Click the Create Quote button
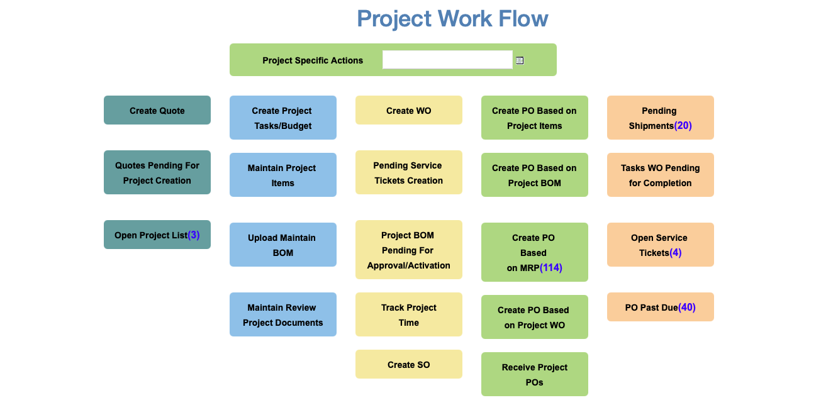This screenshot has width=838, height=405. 157,110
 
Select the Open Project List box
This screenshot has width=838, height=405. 157,235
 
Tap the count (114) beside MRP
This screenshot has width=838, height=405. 550,268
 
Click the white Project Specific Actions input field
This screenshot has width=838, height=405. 447,60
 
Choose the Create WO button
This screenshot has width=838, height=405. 409,110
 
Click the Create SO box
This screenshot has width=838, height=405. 409,364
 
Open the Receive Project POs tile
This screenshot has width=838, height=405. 535,374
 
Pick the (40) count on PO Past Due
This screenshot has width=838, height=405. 687,308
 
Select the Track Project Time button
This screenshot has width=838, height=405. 409,314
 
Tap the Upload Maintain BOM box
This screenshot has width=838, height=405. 283,245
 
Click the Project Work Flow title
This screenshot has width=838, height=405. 453,19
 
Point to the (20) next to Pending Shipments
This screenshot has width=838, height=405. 683,126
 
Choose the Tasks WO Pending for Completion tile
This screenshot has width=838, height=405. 661,175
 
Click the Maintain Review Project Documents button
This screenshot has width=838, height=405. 283,314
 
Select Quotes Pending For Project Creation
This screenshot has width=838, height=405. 157,172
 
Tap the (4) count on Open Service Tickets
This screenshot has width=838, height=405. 675,253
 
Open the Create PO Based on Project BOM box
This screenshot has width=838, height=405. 535,175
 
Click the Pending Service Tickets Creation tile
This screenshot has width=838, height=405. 409,172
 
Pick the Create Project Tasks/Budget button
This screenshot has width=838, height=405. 283,118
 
